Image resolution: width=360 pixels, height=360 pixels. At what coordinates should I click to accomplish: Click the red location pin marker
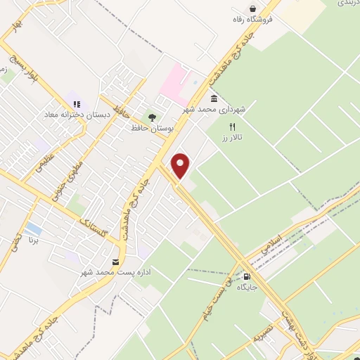[x=181, y=165]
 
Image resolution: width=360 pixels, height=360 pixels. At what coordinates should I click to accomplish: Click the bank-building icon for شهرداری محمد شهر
[x=213, y=99]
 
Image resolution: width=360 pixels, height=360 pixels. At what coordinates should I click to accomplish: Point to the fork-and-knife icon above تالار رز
[x=231, y=127]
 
